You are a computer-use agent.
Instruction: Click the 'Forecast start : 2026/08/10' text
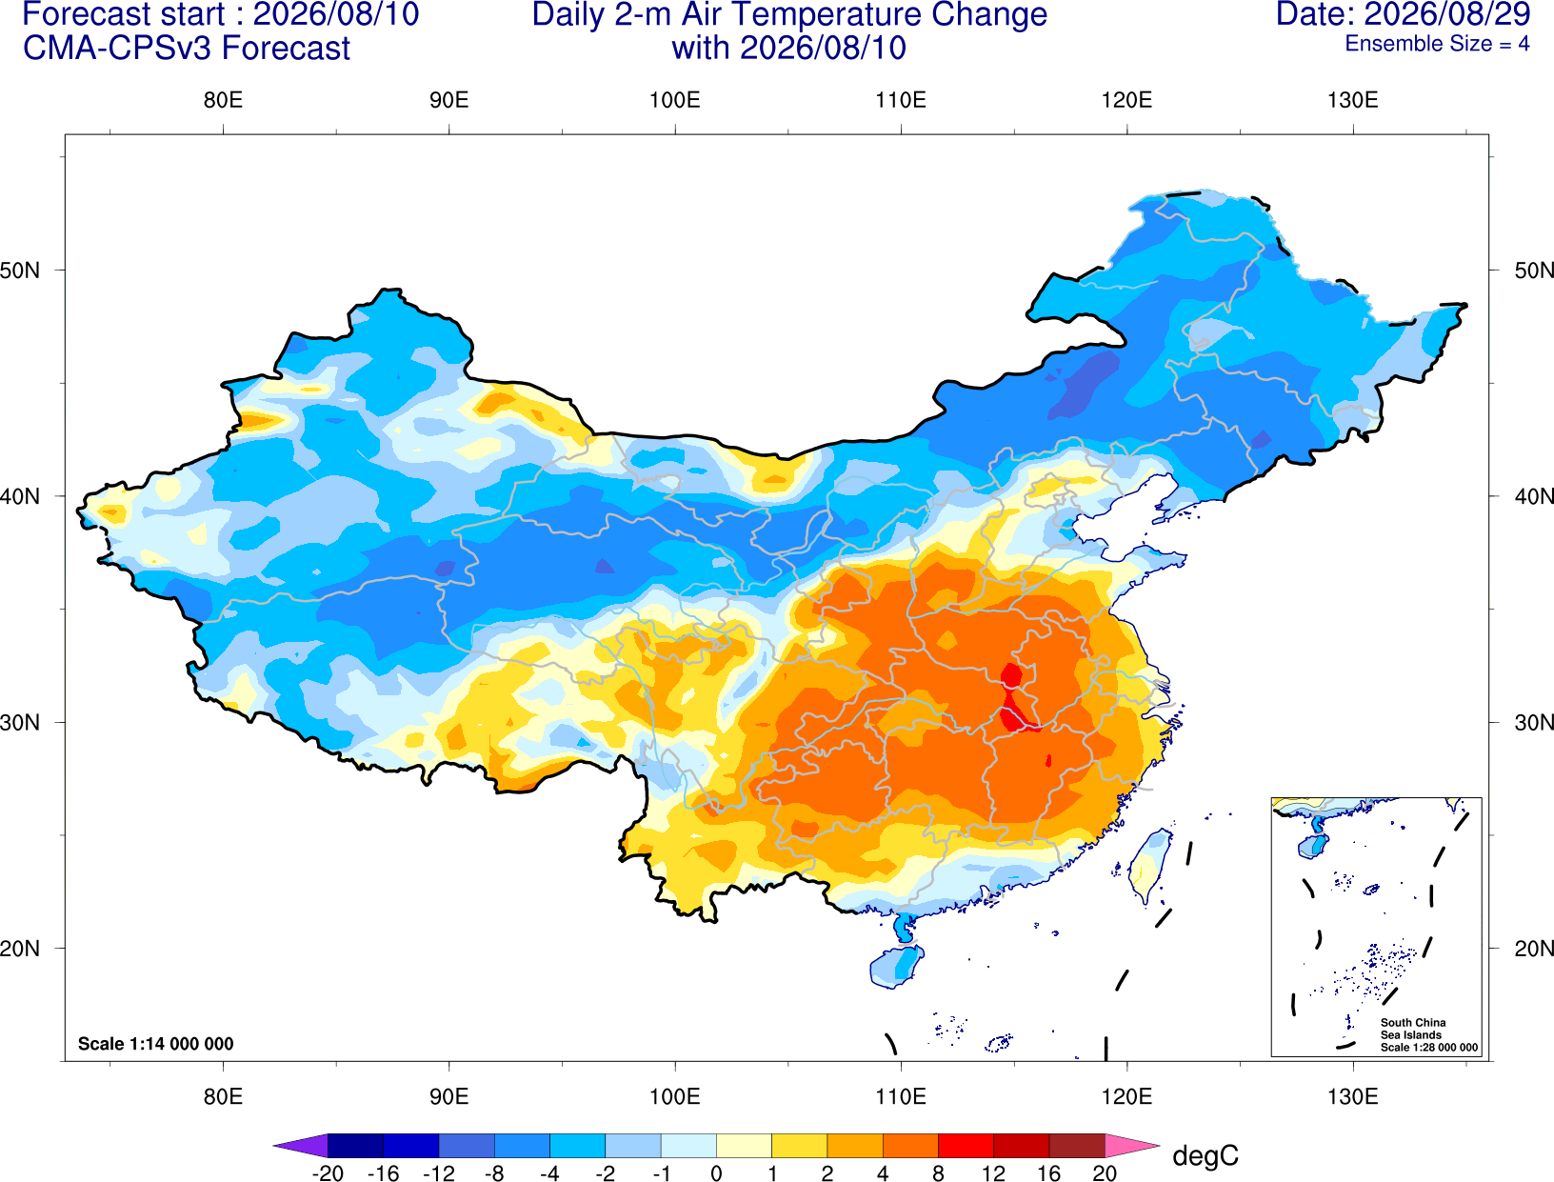click(x=221, y=14)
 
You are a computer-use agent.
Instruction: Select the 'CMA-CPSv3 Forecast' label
click(x=187, y=49)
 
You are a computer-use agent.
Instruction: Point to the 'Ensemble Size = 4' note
click(x=1437, y=44)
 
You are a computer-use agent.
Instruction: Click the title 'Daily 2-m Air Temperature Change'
click(x=789, y=15)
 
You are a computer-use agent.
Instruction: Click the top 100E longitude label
click(x=675, y=100)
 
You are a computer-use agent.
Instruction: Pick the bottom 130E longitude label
click(x=1352, y=1097)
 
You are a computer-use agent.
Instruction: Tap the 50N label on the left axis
click(x=20, y=270)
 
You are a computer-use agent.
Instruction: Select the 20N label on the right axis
click(x=1533, y=949)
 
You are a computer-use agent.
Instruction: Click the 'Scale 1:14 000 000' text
click(x=156, y=1044)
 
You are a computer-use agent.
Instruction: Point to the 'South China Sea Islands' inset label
click(x=1413, y=1029)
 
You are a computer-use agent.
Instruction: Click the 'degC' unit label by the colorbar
click(x=1205, y=1155)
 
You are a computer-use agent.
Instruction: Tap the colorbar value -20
click(x=328, y=1173)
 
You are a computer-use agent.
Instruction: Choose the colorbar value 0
click(x=716, y=1173)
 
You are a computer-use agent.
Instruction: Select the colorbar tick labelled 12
click(x=993, y=1173)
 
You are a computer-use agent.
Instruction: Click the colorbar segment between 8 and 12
click(x=966, y=1146)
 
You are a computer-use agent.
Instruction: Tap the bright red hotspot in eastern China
click(x=1013, y=700)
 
